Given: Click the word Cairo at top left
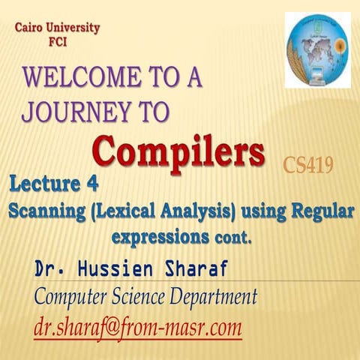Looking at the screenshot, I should click(x=30, y=28).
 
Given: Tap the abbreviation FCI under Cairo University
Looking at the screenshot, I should click(x=56, y=42).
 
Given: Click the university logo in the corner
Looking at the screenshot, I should click(x=317, y=50).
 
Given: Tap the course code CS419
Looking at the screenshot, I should click(x=308, y=164).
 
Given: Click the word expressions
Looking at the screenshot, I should click(x=160, y=238).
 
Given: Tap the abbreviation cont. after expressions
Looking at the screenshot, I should click(x=232, y=239).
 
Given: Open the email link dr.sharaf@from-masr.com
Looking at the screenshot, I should click(x=138, y=327).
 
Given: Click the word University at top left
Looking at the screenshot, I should click(x=73, y=28).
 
